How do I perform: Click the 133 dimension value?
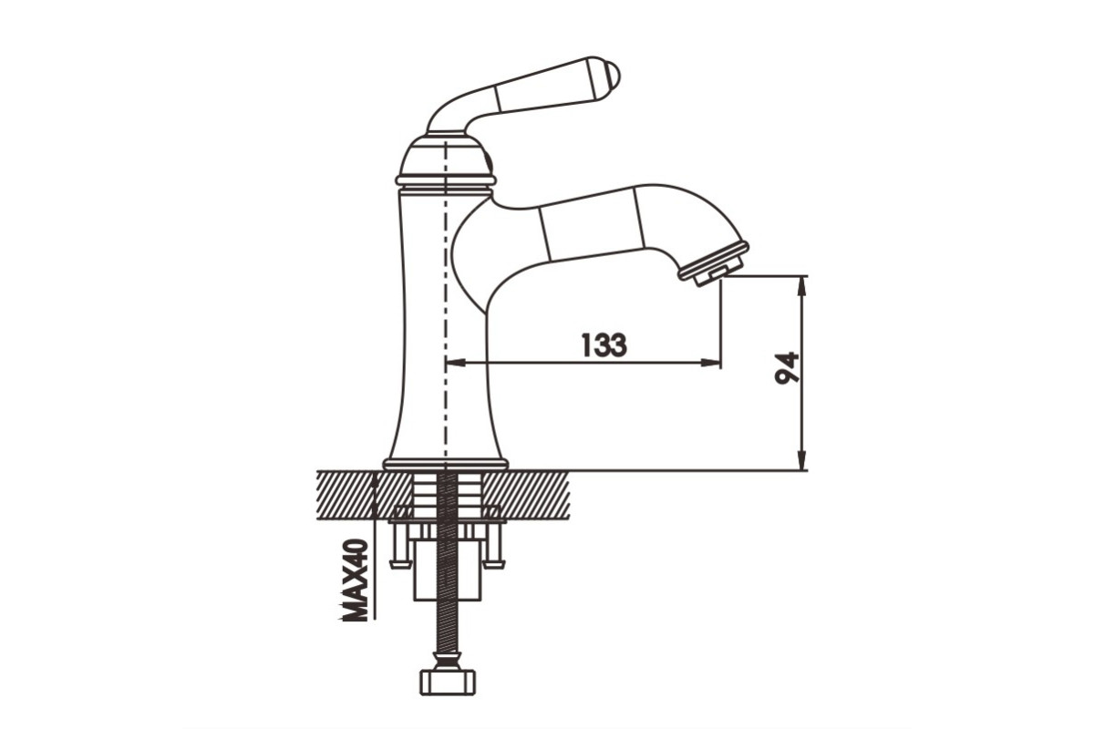pos(604,344)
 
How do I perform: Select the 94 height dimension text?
pos(787,367)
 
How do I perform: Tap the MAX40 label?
pos(354,580)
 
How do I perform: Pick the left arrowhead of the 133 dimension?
pos(456,363)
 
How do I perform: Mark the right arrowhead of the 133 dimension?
pos(710,363)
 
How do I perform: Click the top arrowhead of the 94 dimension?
pos(801,286)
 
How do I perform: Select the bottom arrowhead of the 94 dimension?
pos(801,460)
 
